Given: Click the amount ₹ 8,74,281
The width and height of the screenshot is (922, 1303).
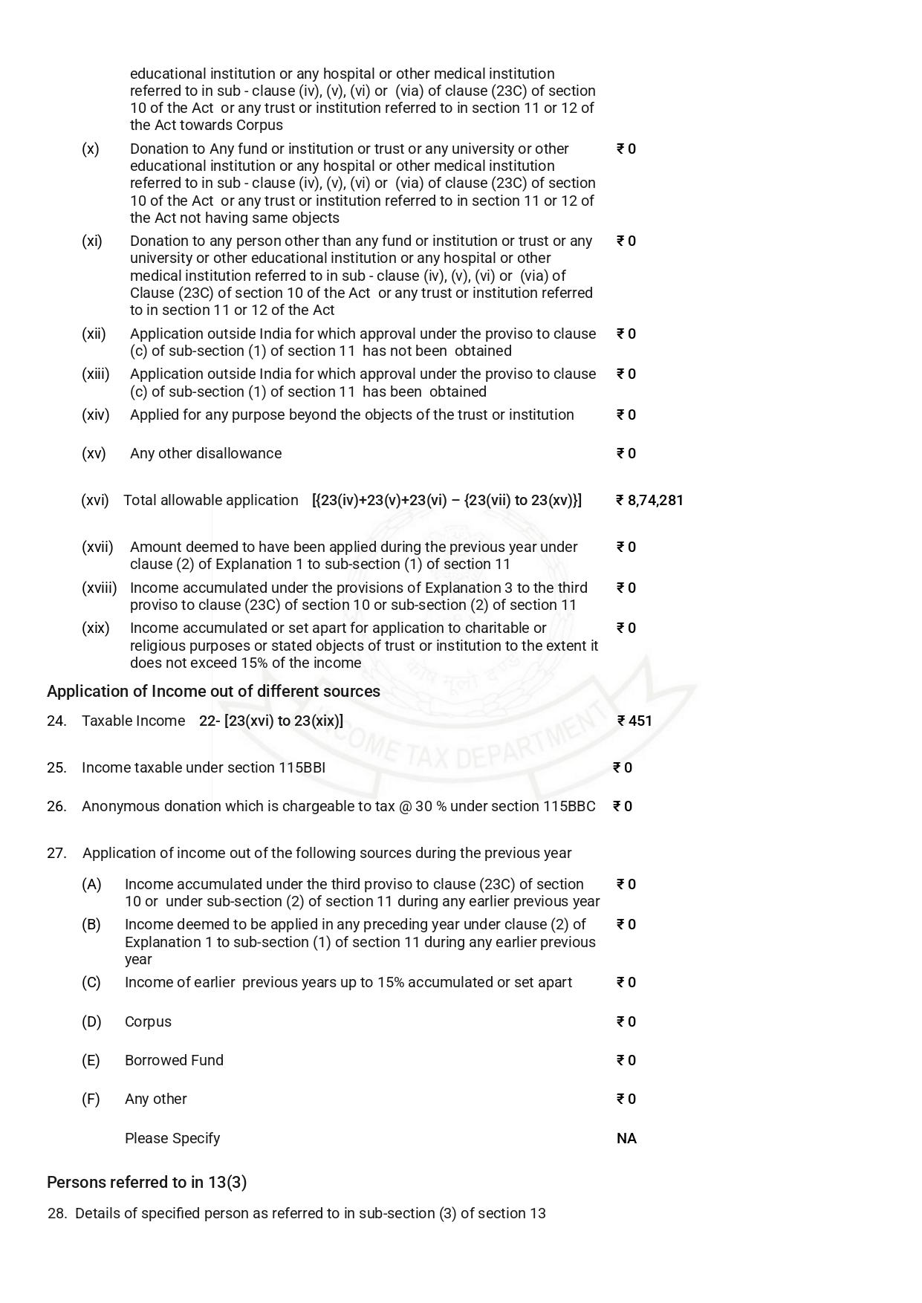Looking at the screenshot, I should pyautogui.click(x=649, y=501).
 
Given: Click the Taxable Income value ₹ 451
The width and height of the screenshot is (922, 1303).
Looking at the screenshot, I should pyautogui.click(x=635, y=721).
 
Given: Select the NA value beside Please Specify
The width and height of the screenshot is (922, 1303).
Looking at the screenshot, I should pyautogui.click(x=626, y=1139).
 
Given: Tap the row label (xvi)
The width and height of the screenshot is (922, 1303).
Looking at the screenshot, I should pyautogui.click(x=95, y=501).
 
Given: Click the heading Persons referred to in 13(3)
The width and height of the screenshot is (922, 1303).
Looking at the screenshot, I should pyautogui.click(x=146, y=1182).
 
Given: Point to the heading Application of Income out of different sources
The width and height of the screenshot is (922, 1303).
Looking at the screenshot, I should pyautogui.click(x=213, y=692).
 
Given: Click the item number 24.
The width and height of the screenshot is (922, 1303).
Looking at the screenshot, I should pyautogui.click(x=56, y=721).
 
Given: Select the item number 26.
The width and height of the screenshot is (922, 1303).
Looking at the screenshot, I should pyautogui.click(x=56, y=807).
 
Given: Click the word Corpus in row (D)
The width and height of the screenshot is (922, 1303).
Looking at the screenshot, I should pyautogui.click(x=148, y=1022).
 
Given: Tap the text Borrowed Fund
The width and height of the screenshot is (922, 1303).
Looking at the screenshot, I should pyautogui.click(x=174, y=1061).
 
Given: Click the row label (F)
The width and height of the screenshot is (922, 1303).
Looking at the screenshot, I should pyautogui.click(x=91, y=1099).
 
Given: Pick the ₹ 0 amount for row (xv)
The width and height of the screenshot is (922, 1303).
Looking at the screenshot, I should pyautogui.click(x=626, y=454).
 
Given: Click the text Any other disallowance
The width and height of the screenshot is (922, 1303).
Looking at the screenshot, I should pyautogui.click(x=206, y=454).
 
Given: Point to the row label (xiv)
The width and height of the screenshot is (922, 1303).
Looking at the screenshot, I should pyautogui.click(x=95, y=415).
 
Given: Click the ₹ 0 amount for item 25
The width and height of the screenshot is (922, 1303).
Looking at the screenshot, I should pyautogui.click(x=623, y=768).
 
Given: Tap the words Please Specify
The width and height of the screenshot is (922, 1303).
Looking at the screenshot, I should pyautogui.click(x=172, y=1139).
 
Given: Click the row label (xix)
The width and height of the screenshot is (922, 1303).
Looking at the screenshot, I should pyautogui.click(x=95, y=628).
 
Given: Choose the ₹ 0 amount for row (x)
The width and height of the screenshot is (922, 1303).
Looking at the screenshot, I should pyautogui.click(x=626, y=149).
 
